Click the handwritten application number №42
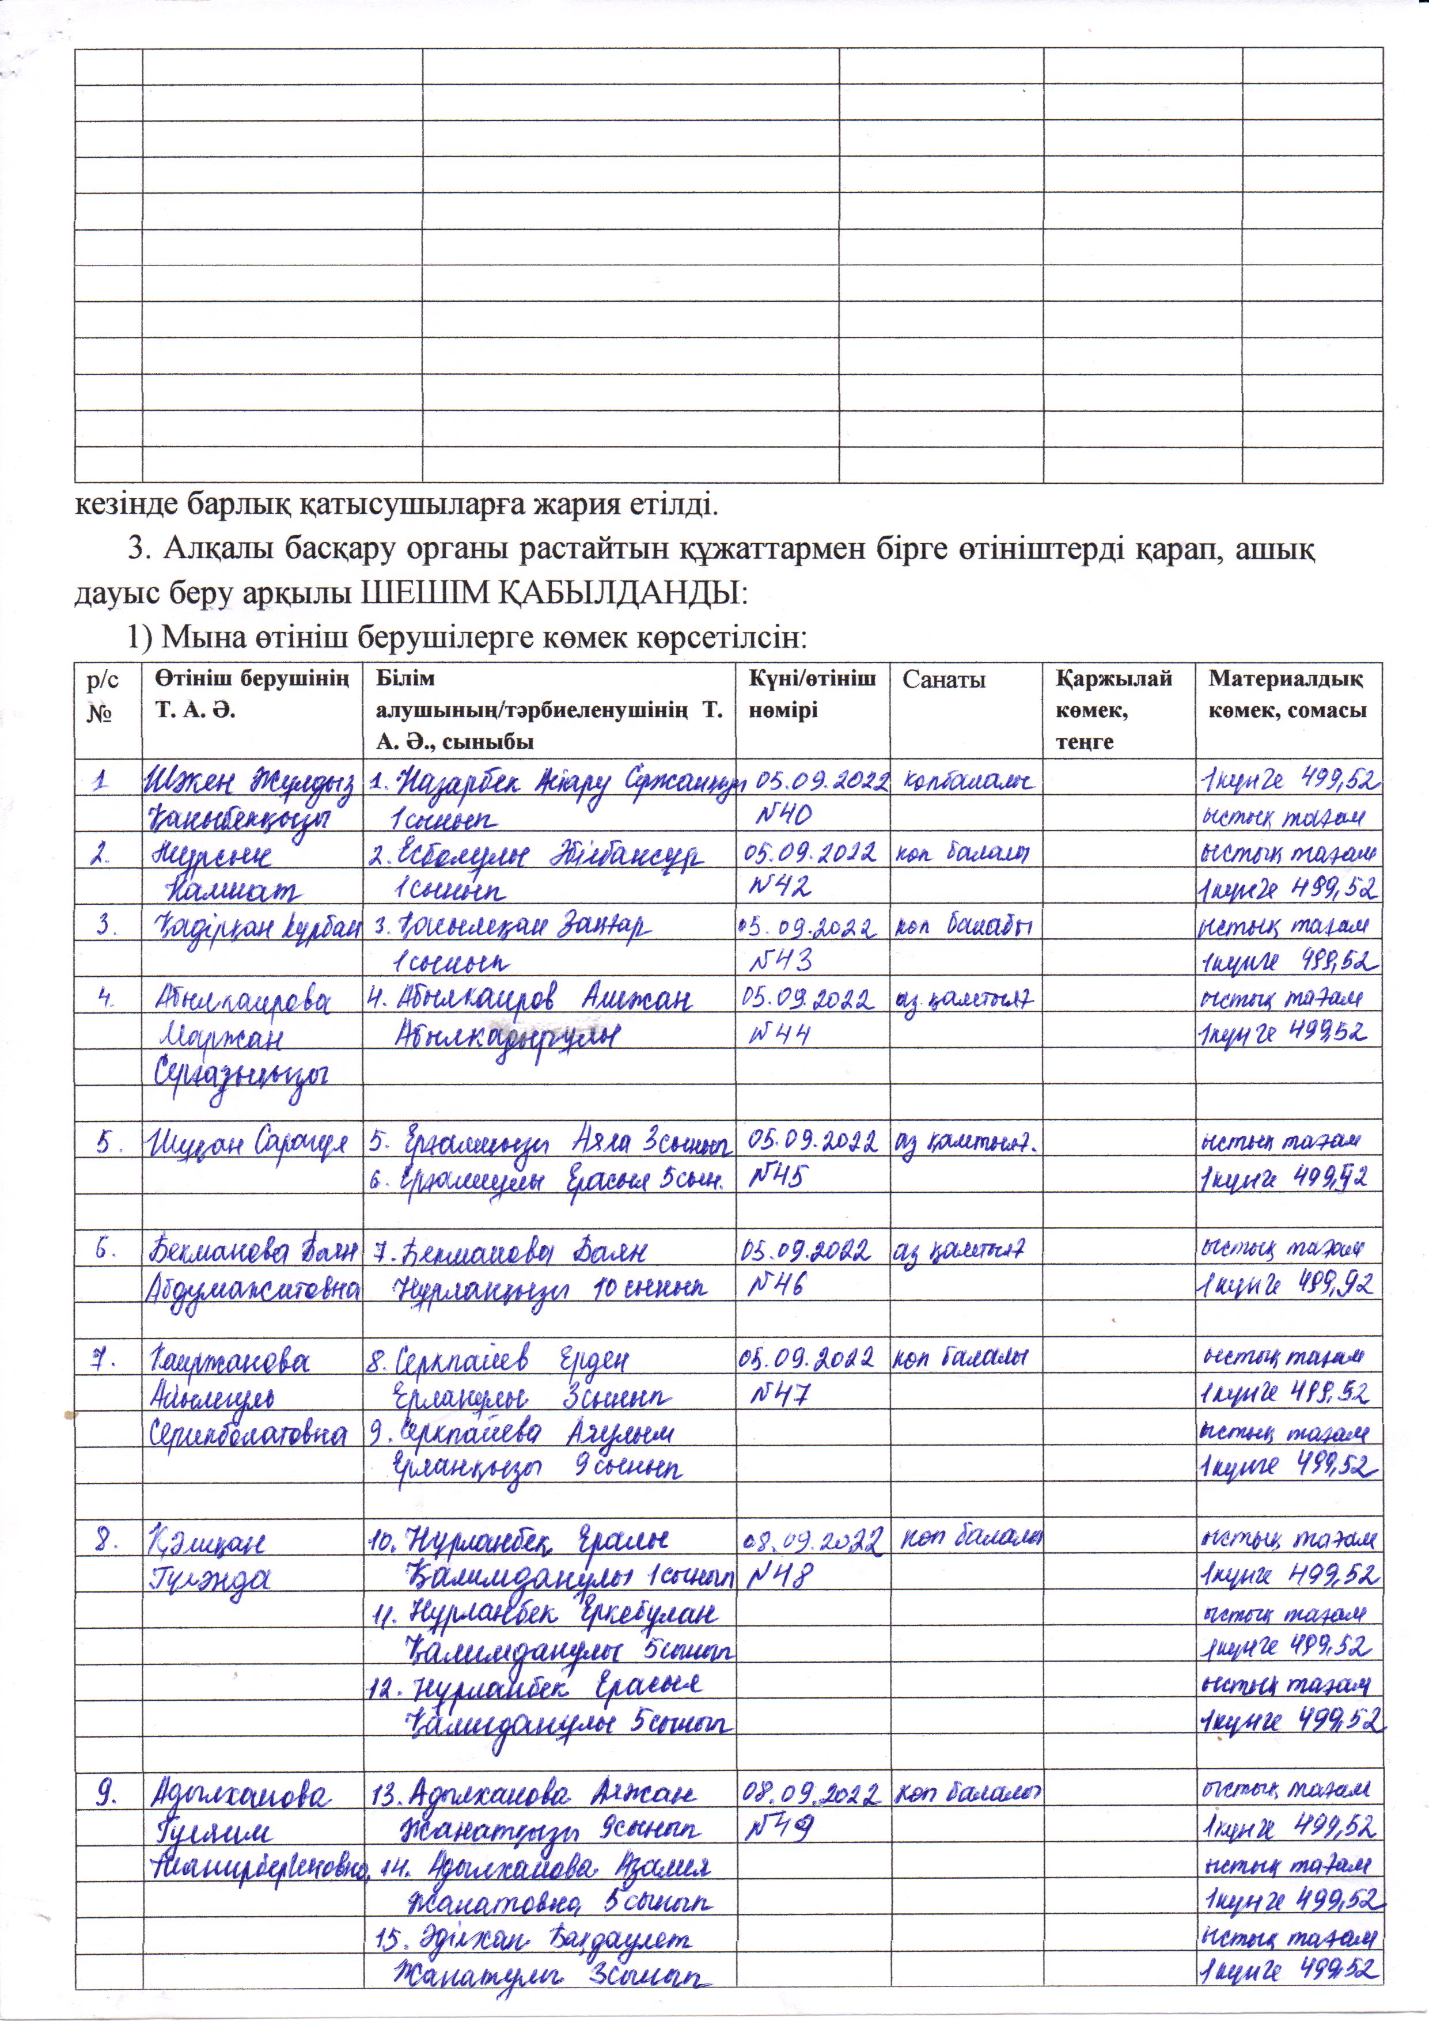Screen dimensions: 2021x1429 [x=779, y=888]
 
